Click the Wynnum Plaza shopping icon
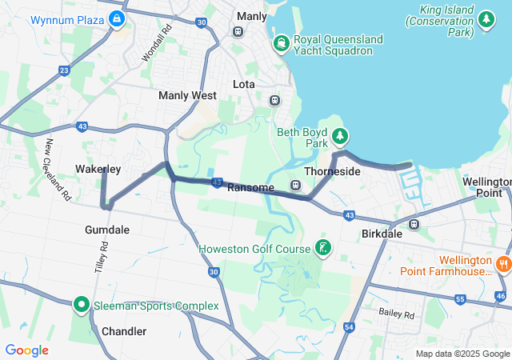(x=118, y=18)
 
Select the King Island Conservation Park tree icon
(x=485, y=18)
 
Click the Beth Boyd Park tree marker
(x=340, y=137)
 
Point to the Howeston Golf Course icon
(x=322, y=248)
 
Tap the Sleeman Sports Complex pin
(x=81, y=305)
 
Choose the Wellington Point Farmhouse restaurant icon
(x=503, y=263)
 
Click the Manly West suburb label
(x=187, y=95)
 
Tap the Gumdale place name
(x=107, y=230)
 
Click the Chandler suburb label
(x=124, y=331)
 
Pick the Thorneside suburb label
(x=332, y=171)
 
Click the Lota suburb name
(x=243, y=84)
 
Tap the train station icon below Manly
(x=238, y=31)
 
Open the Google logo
(x=26, y=350)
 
